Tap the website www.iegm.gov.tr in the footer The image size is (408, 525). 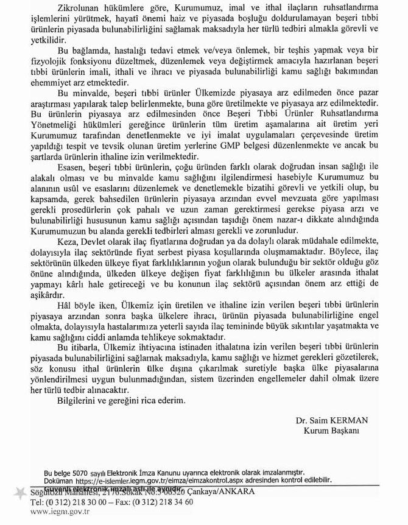point(60,512)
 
